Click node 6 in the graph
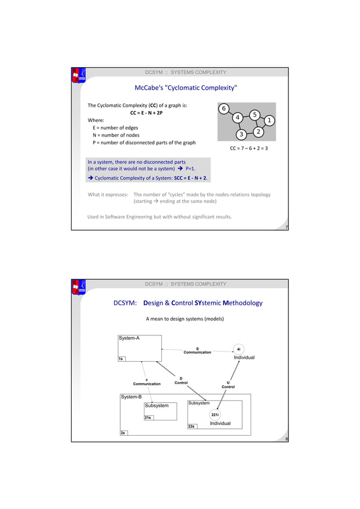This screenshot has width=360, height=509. pyautogui.click(x=224, y=108)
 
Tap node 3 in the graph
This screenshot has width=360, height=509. pyautogui.click(x=241, y=134)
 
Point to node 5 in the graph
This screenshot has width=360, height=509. pyautogui.click(x=254, y=115)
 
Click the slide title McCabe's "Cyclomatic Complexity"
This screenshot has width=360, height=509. pyautogui.click(x=186, y=88)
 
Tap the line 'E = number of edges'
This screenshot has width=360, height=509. pyautogui.click(x=115, y=128)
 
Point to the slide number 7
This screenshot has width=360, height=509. pyautogui.click(x=287, y=227)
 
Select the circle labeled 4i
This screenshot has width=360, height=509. pyautogui.click(x=239, y=349)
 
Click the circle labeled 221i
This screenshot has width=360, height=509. pyautogui.click(x=215, y=414)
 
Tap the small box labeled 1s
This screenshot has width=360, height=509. pyautogui.click(x=121, y=358)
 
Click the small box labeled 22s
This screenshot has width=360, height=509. pyautogui.click(x=191, y=427)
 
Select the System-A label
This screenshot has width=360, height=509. pyautogui.click(x=129, y=338)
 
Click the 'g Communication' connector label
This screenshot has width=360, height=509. pyautogui.click(x=197, y=350)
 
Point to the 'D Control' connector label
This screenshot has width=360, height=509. pyautogui.click(x=181, y=380)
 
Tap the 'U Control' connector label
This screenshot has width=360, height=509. pyautogui.click(x=228, y=384)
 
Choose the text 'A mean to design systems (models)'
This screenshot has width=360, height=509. pyautogui.click(x=185, y=319)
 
